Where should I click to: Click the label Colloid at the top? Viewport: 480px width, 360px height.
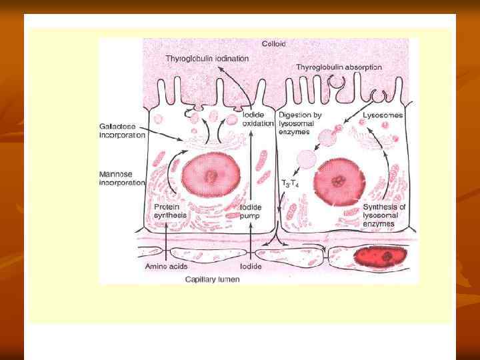point(273,44)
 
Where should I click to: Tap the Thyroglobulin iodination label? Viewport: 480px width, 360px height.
point(207,59)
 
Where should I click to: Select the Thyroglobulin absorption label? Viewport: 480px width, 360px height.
point(339,67)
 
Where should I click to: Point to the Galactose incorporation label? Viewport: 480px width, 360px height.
point(122,130)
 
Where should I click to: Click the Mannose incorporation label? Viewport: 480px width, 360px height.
point(122,179)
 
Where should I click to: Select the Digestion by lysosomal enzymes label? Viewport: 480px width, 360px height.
point(300,125)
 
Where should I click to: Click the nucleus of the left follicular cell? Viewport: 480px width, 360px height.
point(211,176)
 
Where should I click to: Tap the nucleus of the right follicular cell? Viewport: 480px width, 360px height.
point(339,179)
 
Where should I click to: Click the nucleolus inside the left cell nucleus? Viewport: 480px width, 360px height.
point(211,177)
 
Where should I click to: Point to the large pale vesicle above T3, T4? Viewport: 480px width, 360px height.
point(305,158)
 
